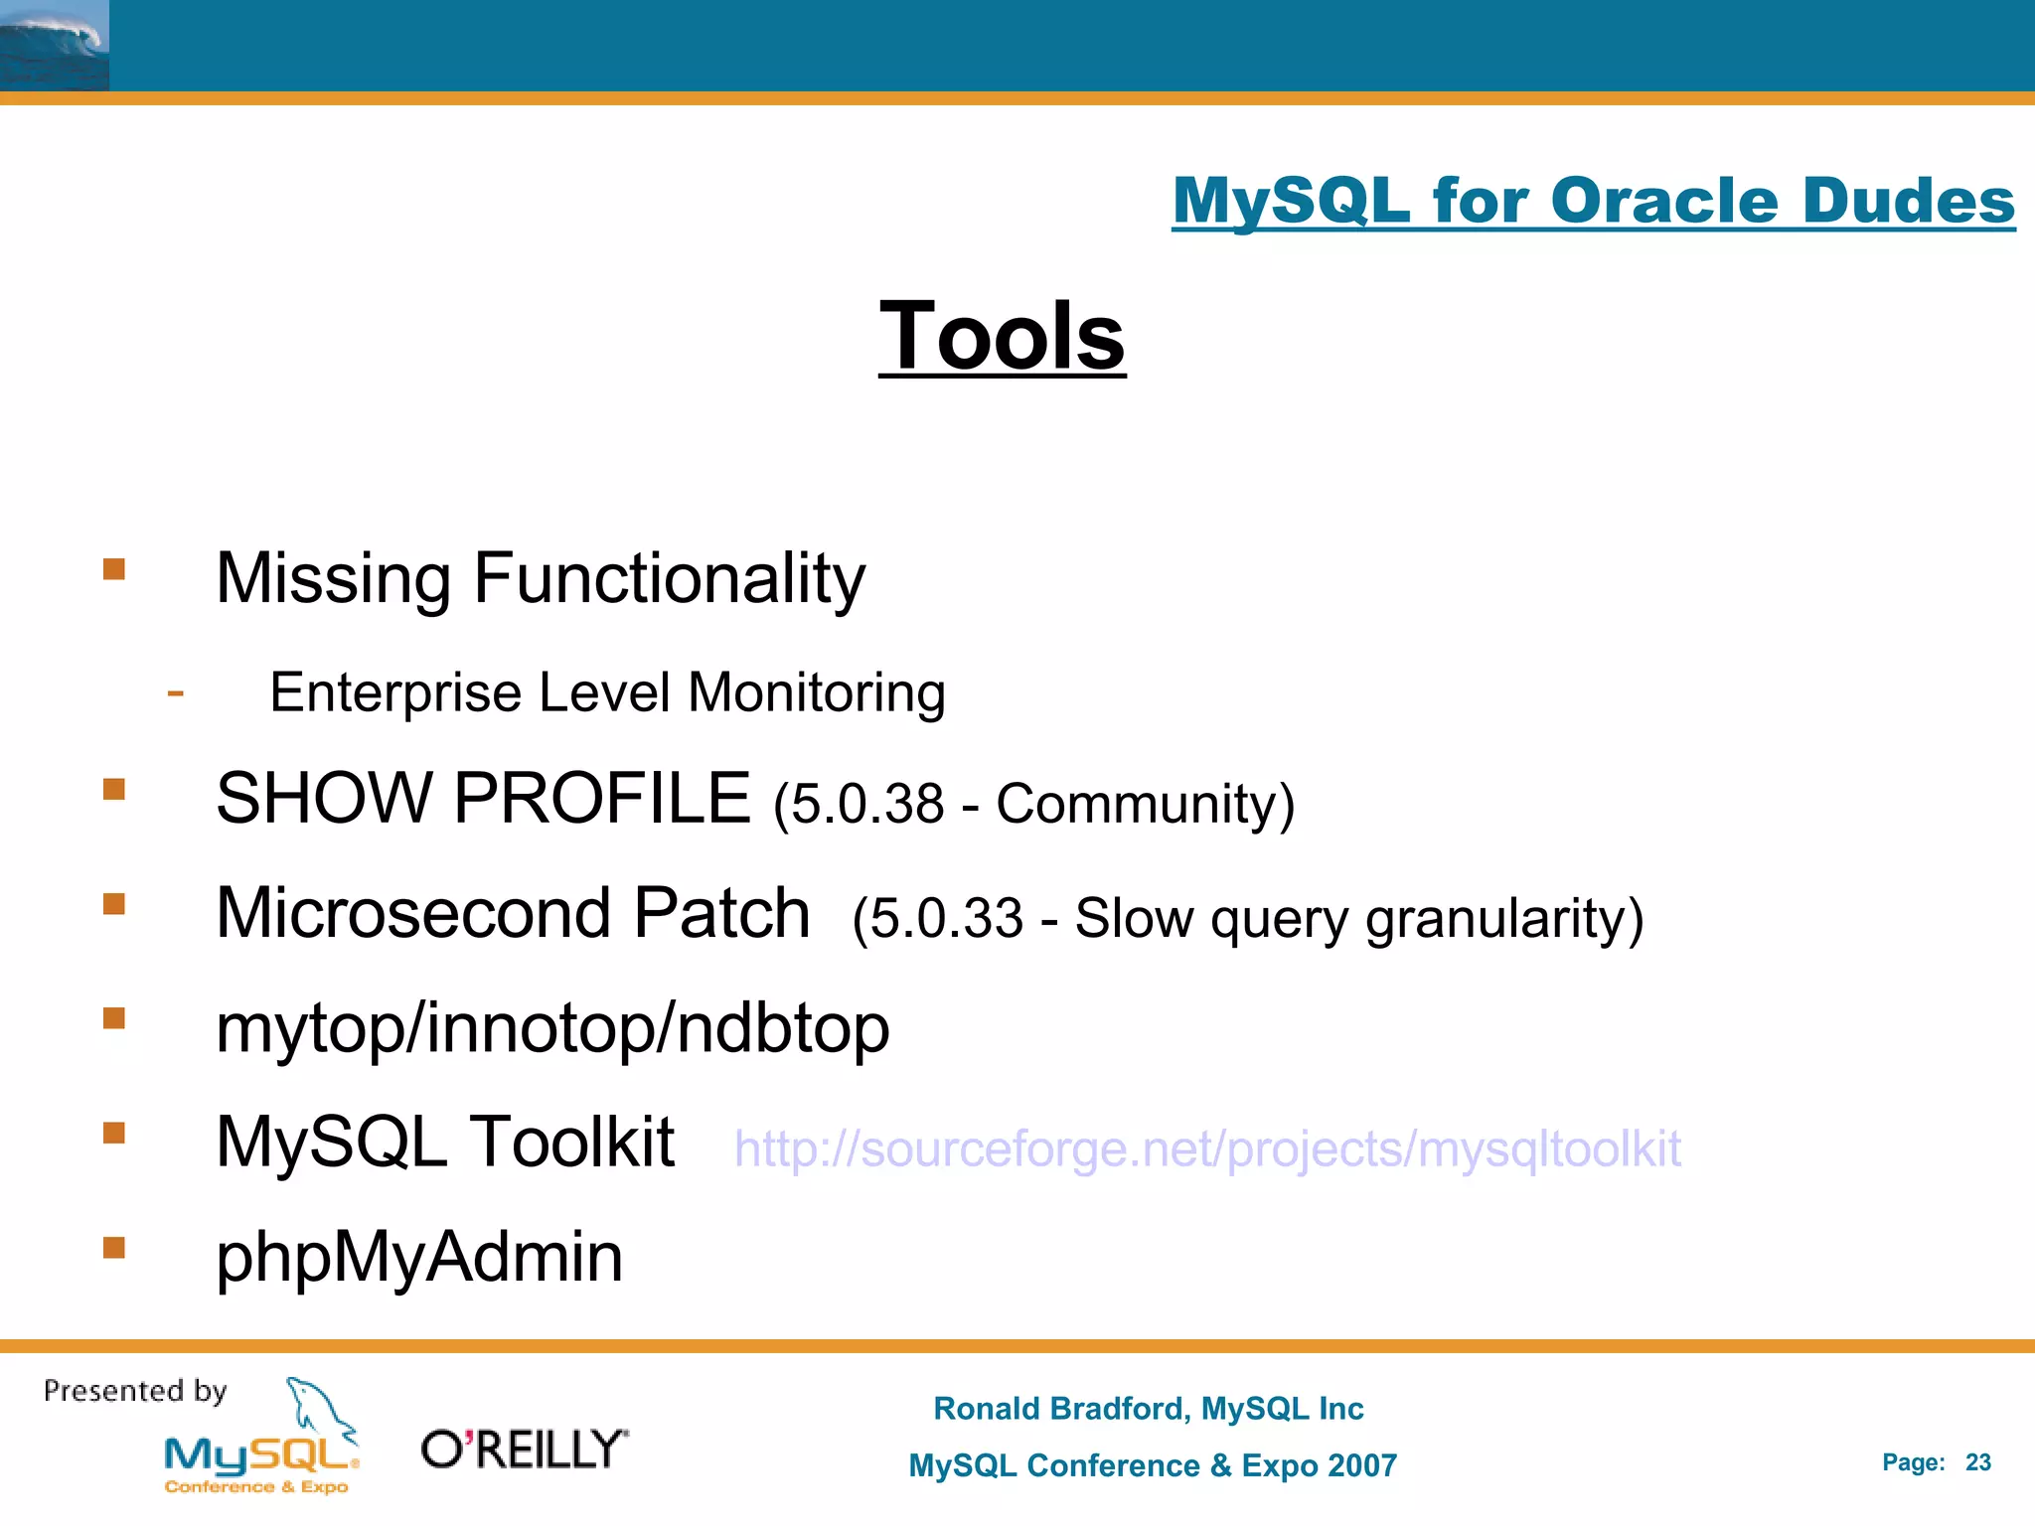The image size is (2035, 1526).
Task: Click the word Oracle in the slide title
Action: click(1663, 201)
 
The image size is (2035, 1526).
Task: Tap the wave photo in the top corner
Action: click(54, 45)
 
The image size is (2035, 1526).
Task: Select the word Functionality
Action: click(669, 578)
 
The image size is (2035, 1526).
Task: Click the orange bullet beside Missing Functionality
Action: click(114, 569)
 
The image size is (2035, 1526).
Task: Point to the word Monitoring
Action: click(816, 692)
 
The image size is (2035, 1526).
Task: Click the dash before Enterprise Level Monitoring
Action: click(176, 692)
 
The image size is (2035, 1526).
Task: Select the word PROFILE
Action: click(602, 798)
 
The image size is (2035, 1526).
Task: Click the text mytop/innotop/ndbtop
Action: click(552, 1028)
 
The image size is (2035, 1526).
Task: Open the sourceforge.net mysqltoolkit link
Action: click(1206, 1149)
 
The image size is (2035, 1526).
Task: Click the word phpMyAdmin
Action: click(419, 1257)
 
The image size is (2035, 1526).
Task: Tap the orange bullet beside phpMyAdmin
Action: click(114, 1247)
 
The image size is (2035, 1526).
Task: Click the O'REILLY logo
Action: click(525, 1450)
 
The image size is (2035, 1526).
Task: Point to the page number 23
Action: click(1977, 1462)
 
